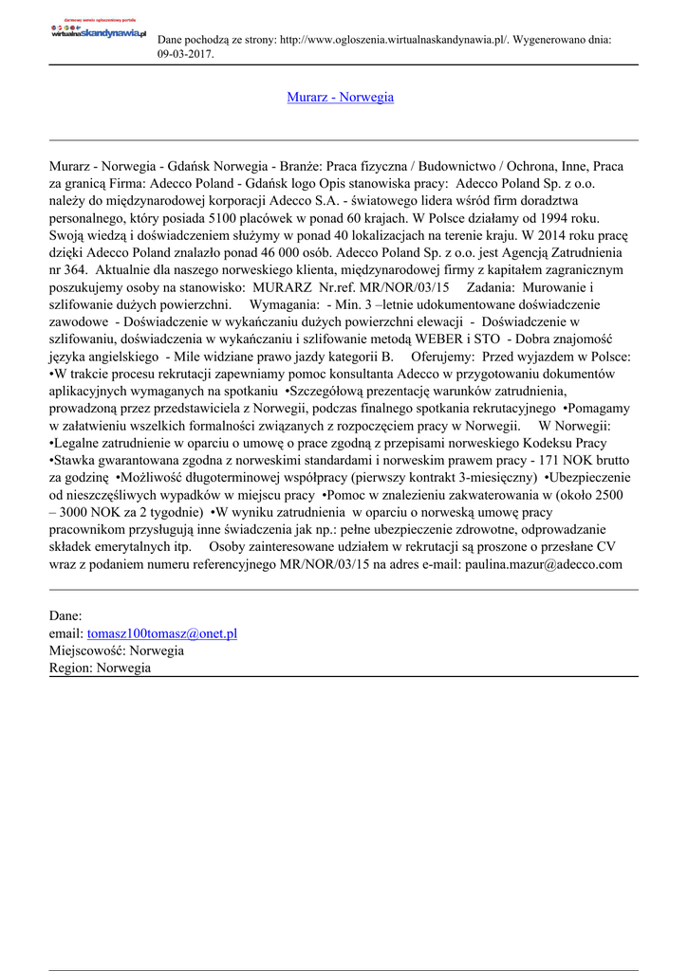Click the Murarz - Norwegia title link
coord(340,97)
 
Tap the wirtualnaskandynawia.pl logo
coord(100,30)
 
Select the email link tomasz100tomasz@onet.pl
coord(161,633)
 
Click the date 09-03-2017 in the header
coord(185,54)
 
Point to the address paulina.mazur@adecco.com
coord(544,564)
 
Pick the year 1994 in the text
coord(565,217)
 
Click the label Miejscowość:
coord(87,650)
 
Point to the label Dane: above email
coord(66,616)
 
